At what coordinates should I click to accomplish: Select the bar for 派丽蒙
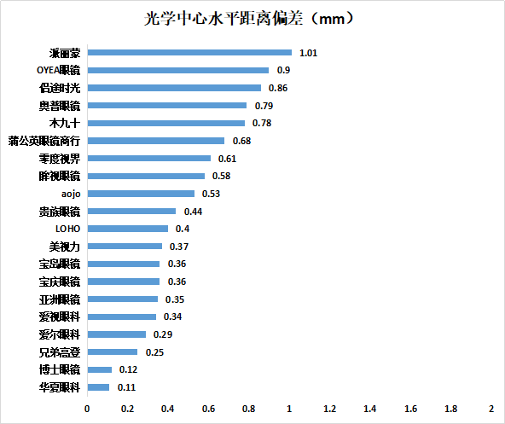189,53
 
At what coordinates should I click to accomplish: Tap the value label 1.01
308,53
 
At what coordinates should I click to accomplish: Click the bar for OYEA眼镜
177,70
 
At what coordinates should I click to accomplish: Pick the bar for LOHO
127,229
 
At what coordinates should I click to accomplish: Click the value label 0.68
241,141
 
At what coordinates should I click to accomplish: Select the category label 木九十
65,123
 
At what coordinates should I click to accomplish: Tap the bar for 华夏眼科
98,387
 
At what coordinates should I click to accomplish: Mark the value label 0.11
125,387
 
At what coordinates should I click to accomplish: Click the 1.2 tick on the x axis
329,409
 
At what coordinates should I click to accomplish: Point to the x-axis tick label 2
491,409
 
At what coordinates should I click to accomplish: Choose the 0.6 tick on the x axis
208,409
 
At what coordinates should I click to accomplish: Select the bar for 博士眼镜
99,369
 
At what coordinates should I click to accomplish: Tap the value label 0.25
154,352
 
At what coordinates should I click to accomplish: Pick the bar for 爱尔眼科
116,334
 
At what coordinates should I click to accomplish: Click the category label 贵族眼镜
59,212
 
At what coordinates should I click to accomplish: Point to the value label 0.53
211,194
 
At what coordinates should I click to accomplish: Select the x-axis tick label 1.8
450,409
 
